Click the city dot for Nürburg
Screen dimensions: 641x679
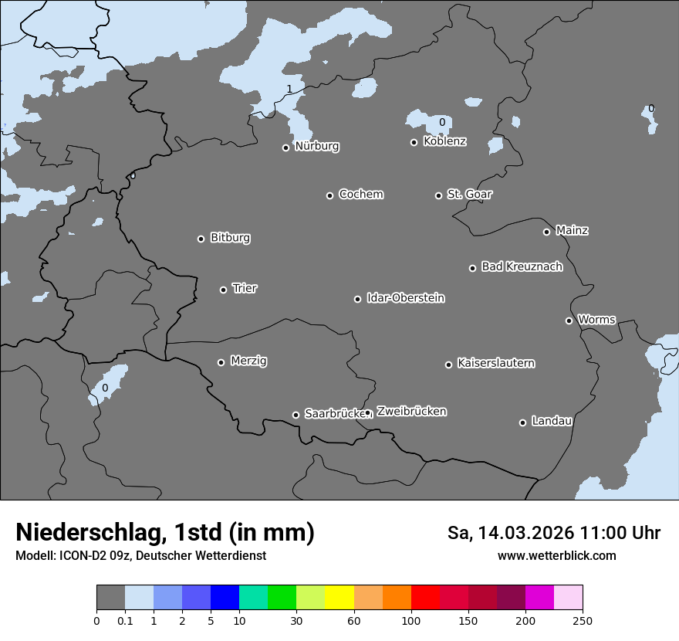pos(285,148)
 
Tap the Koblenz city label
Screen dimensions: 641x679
pos(444,141)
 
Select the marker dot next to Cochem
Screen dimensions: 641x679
pos(329,195)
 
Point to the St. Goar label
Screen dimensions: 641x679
pos(469,194)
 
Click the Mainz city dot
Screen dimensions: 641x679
pos(546,232)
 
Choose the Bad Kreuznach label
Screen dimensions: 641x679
pos(522,266)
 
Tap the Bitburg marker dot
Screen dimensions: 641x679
pos(201,239)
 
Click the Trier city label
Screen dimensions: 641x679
pos(245,288)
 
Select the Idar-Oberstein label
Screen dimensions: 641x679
pos(405,297)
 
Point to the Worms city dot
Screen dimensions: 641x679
pos(569,320)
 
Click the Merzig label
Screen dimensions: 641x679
pos(248,361)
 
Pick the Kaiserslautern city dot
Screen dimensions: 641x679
pos(448,365)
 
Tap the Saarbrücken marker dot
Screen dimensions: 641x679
pos(296,415)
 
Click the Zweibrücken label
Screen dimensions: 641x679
pos(411,411)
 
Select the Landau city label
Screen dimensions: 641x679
pos(552,421)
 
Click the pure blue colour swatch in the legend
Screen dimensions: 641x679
pos(225,598)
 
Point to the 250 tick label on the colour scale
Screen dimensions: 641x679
pos(582,620)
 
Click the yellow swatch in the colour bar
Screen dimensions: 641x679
pos(339,598)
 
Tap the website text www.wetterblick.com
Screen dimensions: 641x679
pos(556,555)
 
